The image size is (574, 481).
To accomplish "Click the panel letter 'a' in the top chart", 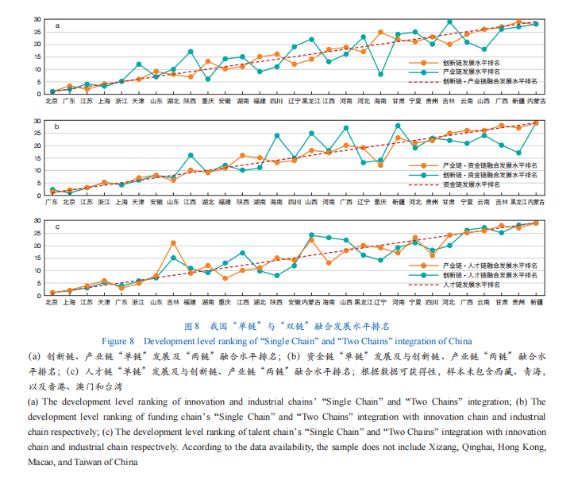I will [x=56, y=26].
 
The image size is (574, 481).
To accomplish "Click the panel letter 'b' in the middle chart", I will [x=56, y=126].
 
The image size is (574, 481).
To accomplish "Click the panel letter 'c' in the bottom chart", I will [x=56, y=227].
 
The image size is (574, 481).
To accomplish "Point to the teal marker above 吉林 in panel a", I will [x=450, y=21].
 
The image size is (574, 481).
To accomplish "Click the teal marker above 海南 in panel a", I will [x=381, y=74].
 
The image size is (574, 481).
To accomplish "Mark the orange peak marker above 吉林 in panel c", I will [x=173, y=242].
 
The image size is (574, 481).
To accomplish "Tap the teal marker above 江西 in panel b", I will [x=191, y=155].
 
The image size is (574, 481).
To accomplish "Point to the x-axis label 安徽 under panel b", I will [x=156, y=202].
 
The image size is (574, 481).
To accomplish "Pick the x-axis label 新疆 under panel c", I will [x=536, y=303].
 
